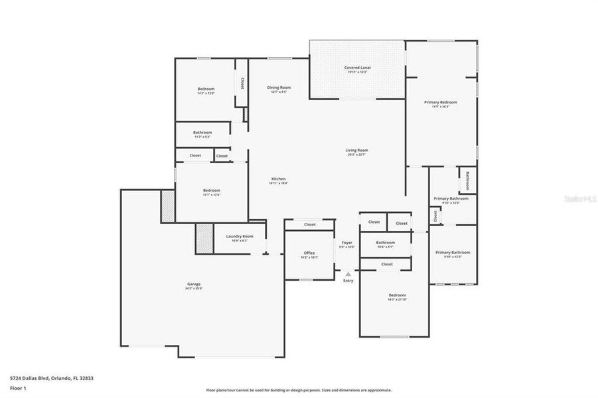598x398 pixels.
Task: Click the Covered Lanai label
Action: pos(357,68)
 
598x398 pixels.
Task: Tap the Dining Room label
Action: pos(279,88)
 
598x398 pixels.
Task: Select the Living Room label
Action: pos(356,151)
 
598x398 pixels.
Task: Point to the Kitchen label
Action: pos(278,179)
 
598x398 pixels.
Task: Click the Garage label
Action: pos(194,284)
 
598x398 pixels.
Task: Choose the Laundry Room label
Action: pos(240,236)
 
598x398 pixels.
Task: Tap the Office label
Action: pos(309,253)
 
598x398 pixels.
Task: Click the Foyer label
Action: pos(347,243)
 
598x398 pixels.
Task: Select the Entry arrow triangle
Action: pos(348,273)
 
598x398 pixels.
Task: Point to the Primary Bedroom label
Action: pos(441,102)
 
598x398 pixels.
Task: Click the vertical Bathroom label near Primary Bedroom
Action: pos(467,180)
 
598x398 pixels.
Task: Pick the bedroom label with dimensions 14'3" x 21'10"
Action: pos(397,295)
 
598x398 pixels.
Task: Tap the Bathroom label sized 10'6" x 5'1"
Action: pos(385,243)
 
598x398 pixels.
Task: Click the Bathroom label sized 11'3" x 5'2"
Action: pos(202,133)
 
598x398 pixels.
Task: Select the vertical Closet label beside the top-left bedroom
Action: pos(242,83)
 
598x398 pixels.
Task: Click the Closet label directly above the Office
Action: pos(309,225)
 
